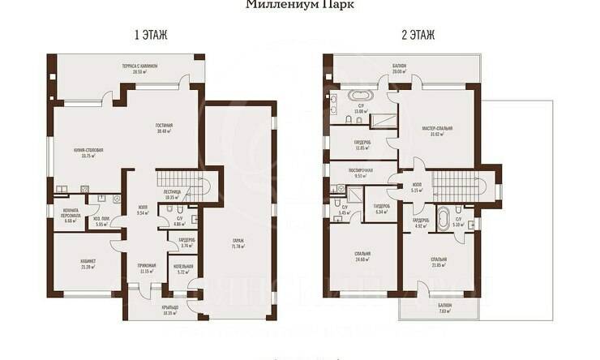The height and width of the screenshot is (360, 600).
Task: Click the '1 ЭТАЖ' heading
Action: point(150,35)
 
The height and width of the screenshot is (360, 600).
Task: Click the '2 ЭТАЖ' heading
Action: point(418,35)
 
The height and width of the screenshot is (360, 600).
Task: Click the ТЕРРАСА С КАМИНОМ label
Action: point(144,67)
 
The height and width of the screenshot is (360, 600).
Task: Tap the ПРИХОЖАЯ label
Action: point(146,268)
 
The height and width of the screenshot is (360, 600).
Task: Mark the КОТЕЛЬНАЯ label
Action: point(183,268)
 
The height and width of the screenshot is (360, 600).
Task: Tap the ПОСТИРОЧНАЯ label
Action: point(360,172)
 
